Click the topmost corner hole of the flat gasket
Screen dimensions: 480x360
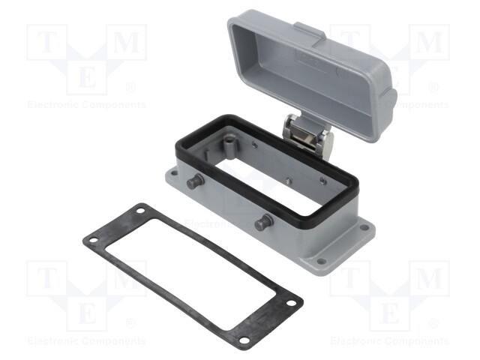coord(140,211)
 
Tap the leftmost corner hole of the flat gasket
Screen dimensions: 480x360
coord(93,240)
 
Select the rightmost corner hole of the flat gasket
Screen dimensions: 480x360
coord(291,303)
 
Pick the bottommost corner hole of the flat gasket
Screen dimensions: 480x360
coord(244,340)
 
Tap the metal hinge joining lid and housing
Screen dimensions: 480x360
coord(307,135)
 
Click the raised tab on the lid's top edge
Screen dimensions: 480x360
coord(310,34)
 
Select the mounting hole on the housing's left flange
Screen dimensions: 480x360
coord(174,173)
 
